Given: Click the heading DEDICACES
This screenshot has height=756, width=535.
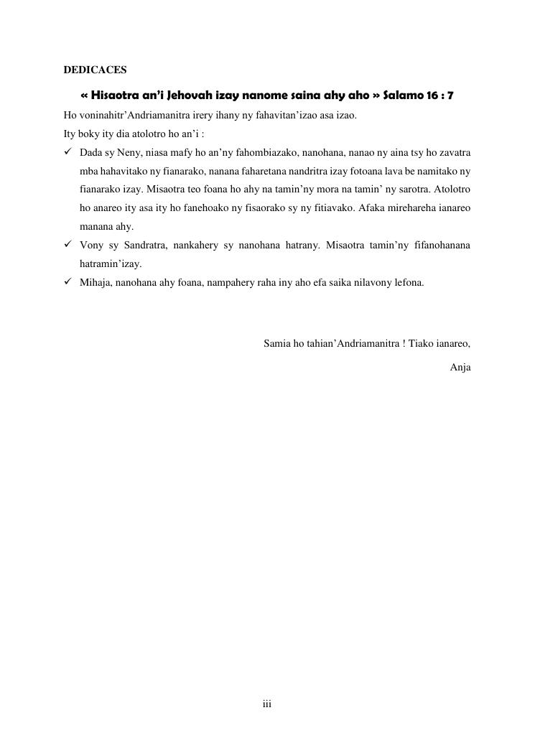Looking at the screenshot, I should (x=95, y=70).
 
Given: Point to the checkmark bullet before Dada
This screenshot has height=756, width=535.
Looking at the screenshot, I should (x=68, y=153).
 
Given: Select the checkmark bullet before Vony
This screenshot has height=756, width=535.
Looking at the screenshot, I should (x=68, y=246).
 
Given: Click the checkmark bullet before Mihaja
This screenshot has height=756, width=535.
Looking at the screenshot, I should (x=68, y=282).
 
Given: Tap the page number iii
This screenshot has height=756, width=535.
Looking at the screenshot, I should (x=266, y=705).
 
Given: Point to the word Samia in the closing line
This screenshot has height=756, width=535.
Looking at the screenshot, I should (x=276, y=342).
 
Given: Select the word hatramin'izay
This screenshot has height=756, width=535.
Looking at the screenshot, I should (x=111, y=263).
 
